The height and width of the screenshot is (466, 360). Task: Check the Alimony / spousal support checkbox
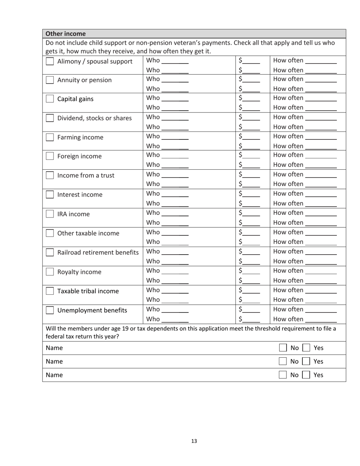pyautogui.click(x=50, y=61)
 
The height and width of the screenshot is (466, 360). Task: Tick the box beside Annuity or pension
pyautogui.click(x=50, y=80)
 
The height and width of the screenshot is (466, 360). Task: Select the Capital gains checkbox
pyautogui.click(x=50, y=99)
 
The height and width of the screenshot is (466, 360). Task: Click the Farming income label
pyautogui.click(x=80, y=138)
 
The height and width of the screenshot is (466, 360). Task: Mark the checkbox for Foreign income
pyautogui.click(x=50, y=156)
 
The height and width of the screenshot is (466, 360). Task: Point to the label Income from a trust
pyautogui.click(x=86, y=176)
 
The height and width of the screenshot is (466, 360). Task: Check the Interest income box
pyautogui.click(x=50, y=195)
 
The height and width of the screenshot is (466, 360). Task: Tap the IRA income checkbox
pyautogui.click(x=50, y=214)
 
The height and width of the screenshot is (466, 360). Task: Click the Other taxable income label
pyautogui.click(x=88, y=233)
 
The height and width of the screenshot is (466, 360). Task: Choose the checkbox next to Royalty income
pyautogui.click(x=50, y=272)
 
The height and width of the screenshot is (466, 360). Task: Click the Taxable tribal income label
pyautogui.click(x=88, y=291)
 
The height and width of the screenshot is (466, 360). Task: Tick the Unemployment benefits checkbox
pyautogui.click(x=50, y=310)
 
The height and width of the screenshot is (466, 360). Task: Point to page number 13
pyautogui.click(x=194, y=441)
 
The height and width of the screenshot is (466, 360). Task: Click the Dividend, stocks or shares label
pyautogui.click(x=94, y=118)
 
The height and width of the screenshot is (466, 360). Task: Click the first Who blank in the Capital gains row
pyautogui.click(x=175, y=99)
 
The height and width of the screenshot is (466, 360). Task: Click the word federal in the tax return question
pyautogui.click(x=55, y=336)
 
